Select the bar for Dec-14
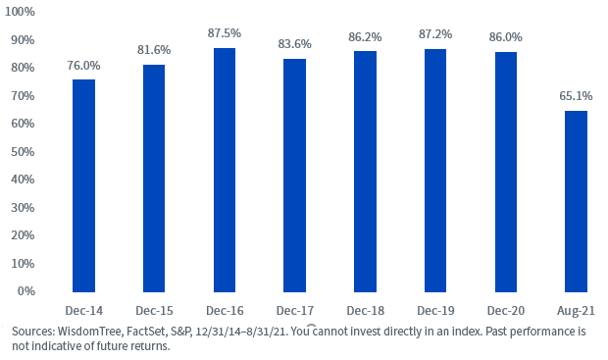[83, 185]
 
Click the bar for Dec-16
[225, 170]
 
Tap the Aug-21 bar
[576, 201]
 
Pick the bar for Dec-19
[435, 171]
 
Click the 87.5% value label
[225, 33]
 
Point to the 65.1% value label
[576, 96]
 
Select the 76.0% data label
[83, 66]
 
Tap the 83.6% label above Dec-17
[295, 44]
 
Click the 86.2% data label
[365, 37]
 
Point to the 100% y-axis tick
[20, 12]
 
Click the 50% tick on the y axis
[23, 152]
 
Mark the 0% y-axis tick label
[25, 291]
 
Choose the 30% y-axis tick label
[23, 208]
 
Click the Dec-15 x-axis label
[154, 311]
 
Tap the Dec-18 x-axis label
[365, 311]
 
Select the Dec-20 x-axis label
[506, 311]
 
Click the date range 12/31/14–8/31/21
[241, 332]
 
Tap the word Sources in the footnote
[33, 332]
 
